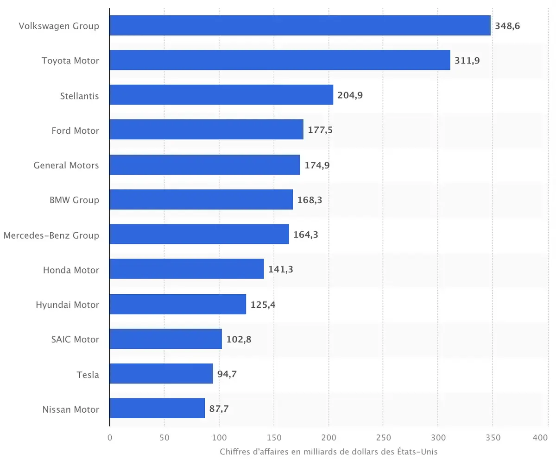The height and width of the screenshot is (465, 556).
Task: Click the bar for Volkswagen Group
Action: [x=300, y=25]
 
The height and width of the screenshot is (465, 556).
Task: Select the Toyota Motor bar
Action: [x=280, y=60]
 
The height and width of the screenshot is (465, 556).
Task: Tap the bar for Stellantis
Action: [x=221, y=95]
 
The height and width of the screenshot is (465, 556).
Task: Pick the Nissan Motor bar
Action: [x=157, y=409]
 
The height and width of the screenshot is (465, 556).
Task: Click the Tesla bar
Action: [x=161, y=374]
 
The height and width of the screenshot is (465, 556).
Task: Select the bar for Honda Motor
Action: [x=187, y=269]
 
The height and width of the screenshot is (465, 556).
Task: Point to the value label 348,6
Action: [x=507, y=26]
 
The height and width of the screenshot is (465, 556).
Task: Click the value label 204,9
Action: [x=350, y=95]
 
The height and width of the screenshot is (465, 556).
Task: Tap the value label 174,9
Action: [x=317, y=165]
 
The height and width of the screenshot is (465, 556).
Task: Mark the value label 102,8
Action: [x=239, y=340]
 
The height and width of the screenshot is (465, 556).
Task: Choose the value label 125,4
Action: [x=263, y=305]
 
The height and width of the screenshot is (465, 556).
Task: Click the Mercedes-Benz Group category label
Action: [x=51, y=235]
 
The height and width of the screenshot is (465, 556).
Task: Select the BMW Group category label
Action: [x=74, y=200]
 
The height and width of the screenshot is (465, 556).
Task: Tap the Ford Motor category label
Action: [x=75, y=130]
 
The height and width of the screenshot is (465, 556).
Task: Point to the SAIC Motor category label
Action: [x=75, y=339]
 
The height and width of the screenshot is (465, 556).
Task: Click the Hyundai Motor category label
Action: [x=67, y=304]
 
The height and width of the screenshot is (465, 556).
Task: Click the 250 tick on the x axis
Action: [x=383, y=437]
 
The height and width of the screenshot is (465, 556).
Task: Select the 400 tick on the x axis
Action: [x=541, y=437]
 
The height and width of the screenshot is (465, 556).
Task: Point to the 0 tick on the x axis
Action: [x=110, y=437]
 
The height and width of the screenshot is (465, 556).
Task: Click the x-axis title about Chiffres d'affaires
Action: [x=329, y=452]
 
